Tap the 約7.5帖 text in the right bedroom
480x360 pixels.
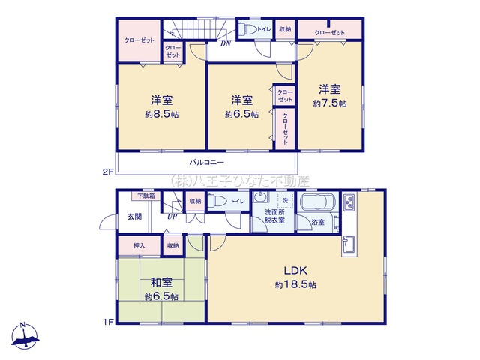pos(331,103)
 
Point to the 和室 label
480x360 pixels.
pos(162,283)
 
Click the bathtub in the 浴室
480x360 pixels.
pos(319,205)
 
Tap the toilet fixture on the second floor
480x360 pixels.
pos(247,29)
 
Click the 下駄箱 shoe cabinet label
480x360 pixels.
pos(145,196)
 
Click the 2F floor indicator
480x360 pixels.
pos(108,172)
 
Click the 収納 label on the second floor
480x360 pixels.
pos(285,29)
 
